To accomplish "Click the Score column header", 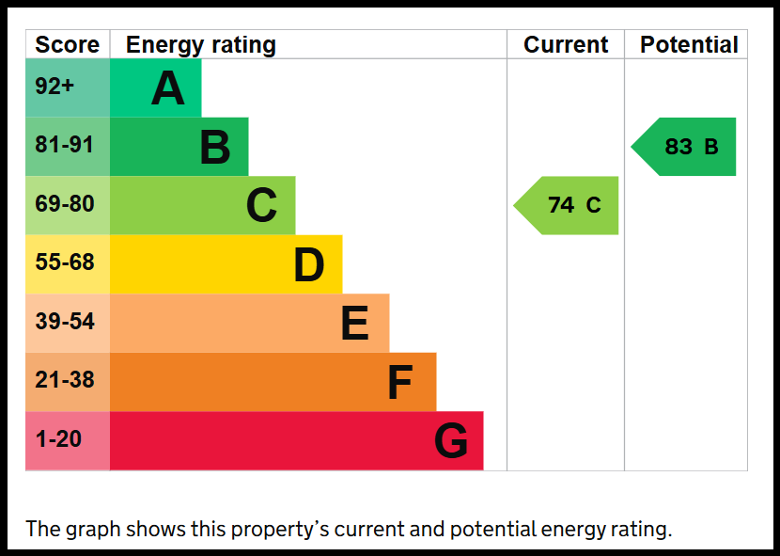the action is (x=67, y=45).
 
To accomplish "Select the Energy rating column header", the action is (x=201, y=45).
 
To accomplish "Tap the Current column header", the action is (x=566, y=45).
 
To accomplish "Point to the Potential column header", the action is (x=689, y=45).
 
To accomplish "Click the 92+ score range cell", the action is (x=68, y=87).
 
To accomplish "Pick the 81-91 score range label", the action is (x=64, y=145).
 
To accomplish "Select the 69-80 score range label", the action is (x=65, y=204).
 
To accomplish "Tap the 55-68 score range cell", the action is (x=68, y=264).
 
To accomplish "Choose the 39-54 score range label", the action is (x=65, y=322).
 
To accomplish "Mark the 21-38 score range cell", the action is (x=68, y=382).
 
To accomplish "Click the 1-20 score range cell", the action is (x=68, y=441).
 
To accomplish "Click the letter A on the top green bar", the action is (x=168, y=88).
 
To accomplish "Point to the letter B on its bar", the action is (x=215, y=147).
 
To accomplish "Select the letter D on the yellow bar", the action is (x=309, y=265).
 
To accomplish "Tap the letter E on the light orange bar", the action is (x=355, y=324).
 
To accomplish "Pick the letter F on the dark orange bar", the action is (x=400, y=382).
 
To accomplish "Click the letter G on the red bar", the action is (x=451, y=440).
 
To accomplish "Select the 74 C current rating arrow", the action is (x=566, y=205).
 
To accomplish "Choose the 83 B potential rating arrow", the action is (x=683, y=147).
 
